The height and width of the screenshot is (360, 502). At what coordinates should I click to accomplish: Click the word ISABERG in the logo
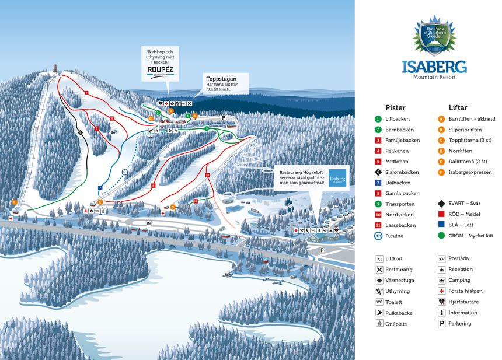coord(434,67)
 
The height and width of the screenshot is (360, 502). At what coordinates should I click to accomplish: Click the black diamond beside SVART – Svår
coord(441,204)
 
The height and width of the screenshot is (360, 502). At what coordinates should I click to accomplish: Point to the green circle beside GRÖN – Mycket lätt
coord(441,236)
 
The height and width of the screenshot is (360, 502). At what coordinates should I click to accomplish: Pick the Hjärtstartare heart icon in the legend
coord(441,302)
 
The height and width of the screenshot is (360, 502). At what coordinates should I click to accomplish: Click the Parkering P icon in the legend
coord(441,323)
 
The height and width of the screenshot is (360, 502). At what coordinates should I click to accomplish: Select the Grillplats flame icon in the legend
coord(379,323)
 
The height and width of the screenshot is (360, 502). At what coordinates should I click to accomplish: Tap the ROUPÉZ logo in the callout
coord(160,72)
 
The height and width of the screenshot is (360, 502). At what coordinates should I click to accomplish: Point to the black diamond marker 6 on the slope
coord(81,132)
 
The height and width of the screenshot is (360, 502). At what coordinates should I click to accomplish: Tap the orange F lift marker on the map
coord(15,202)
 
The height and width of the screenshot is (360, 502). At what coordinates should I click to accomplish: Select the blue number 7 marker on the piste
coord(100,187)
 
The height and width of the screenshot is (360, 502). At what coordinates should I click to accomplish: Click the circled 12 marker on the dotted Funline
coord(124,172)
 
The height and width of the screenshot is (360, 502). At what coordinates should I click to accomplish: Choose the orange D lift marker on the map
coord(173,207)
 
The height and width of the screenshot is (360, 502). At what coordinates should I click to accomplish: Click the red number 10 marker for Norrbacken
coord(207,174)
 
